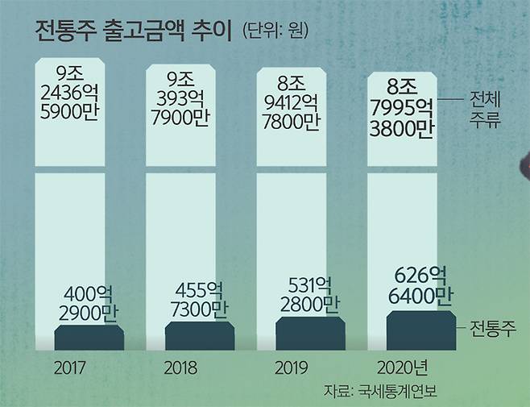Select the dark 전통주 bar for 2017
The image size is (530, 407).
89,338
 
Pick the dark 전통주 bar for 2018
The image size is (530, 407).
200,336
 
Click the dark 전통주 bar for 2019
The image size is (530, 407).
311,333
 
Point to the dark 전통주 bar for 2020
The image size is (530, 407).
420,330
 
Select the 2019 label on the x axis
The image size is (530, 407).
292,369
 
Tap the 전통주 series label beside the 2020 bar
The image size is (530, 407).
492,328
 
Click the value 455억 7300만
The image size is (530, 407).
201,299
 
